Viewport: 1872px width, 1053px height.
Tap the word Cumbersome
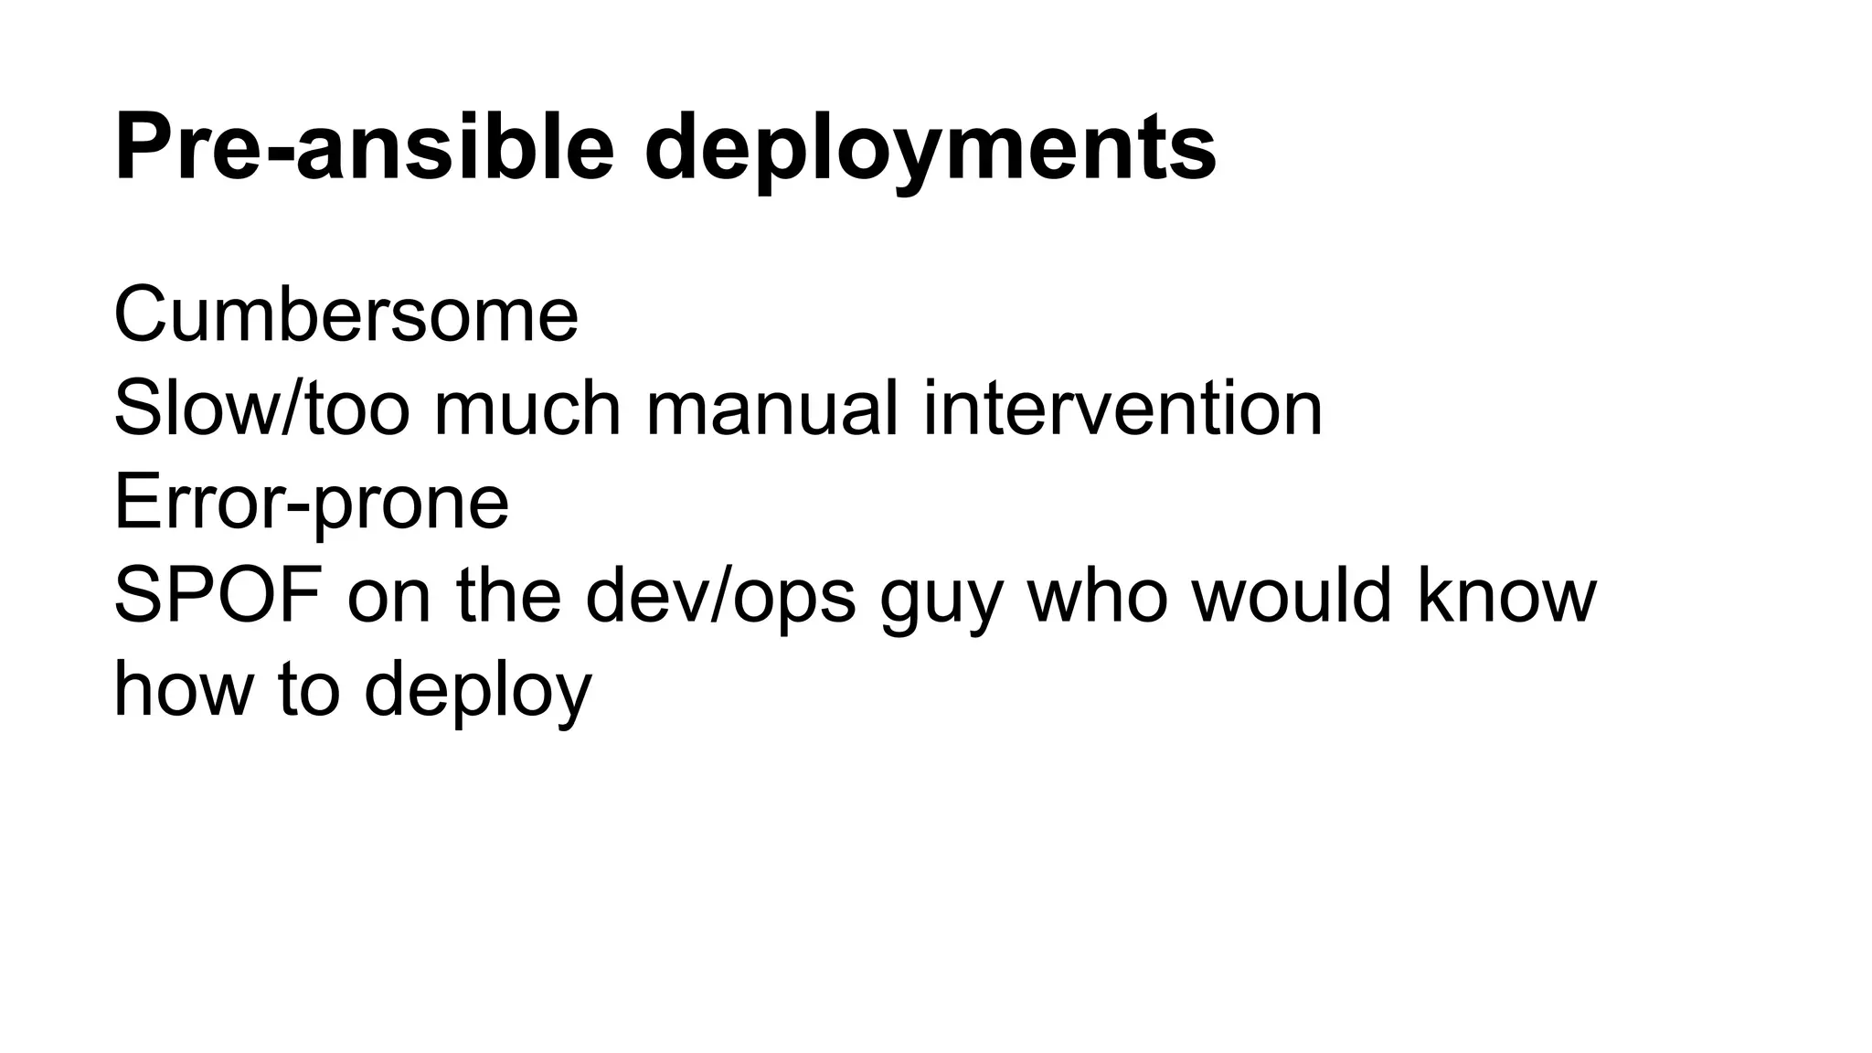(x=346, y=314)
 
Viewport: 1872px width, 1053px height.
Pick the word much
(x=526, y=409)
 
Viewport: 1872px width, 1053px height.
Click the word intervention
(x=1122, y=409)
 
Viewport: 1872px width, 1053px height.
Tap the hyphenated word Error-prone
(x=311, y=503)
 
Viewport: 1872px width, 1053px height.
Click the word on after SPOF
(x=389, y=596)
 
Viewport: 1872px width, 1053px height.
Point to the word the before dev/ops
(x=508, y=596)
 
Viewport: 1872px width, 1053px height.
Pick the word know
(x=1507, y=596)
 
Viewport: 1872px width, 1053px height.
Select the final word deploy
(x=478, y=692)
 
